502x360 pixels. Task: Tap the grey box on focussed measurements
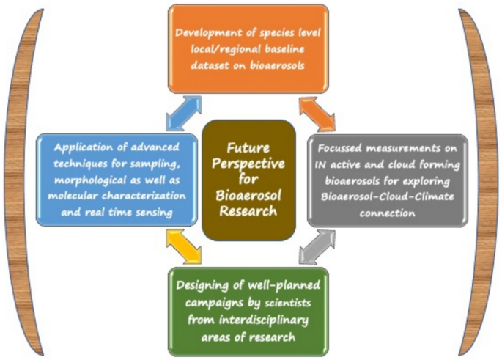coord(387,179)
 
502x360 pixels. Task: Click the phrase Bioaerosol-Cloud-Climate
coord(387,195)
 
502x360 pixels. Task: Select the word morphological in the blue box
coord(89,178)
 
